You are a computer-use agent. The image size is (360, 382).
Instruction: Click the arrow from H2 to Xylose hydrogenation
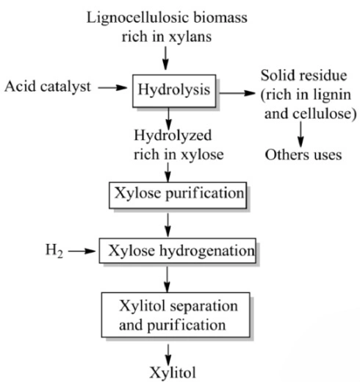[85, 252]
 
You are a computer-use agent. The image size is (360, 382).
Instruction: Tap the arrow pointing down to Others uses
[301, 133]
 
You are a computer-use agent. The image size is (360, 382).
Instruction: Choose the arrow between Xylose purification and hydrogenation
[170, 222]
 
